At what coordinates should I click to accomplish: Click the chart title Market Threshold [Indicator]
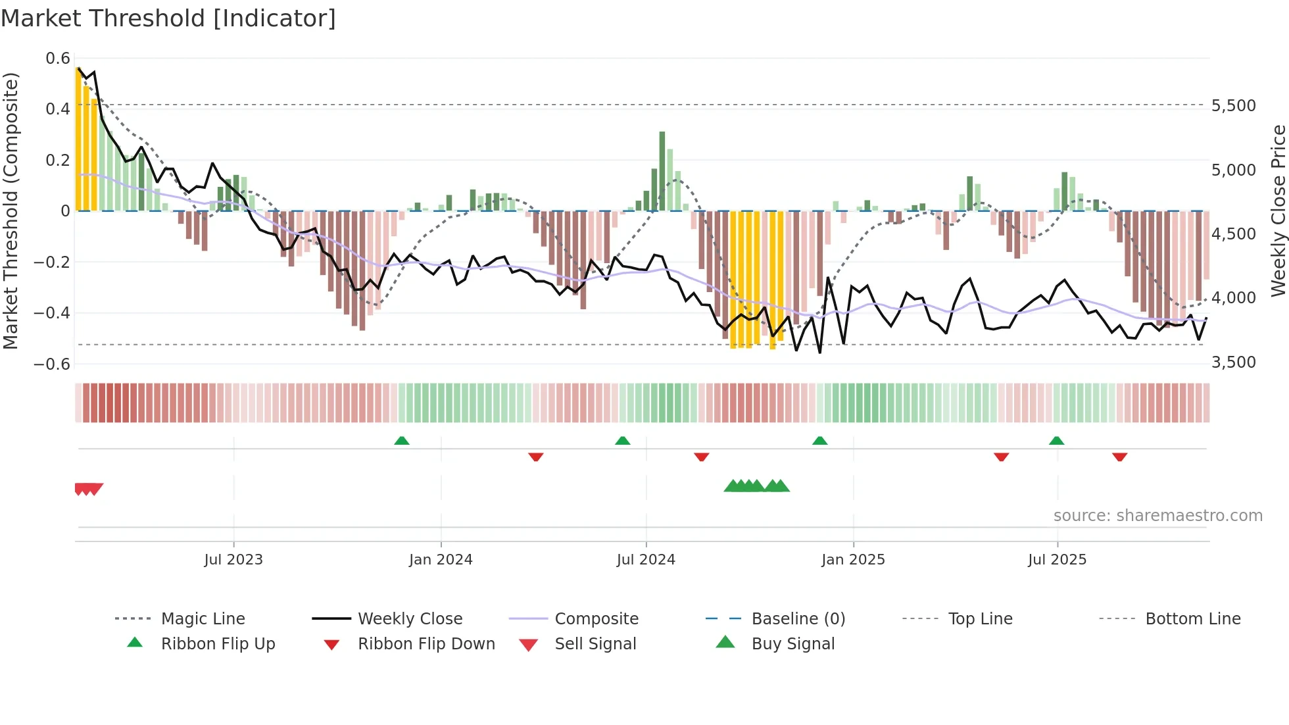coord(168,18)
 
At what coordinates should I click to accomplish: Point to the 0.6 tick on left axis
coord(58,59)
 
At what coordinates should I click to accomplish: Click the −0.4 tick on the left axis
coord(52,312)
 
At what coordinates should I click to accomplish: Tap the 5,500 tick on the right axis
coord(1234,106)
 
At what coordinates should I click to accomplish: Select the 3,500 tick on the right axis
coord(1234,362)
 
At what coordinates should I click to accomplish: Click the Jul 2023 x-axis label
coord(233,560)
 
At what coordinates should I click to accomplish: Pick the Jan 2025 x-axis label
coord(853,560)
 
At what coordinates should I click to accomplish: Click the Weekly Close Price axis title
coord(1278,211)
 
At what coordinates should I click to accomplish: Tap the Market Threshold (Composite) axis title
coord(11,211)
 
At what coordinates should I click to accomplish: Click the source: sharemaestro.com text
coord(1157,516)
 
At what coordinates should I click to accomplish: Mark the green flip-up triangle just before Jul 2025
coord(1056,441)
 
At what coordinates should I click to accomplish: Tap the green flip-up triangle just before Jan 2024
coord(402,441)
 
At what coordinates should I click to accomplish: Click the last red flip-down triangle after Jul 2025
coord(1119,457)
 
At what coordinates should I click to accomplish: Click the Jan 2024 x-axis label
coord(441,560)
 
